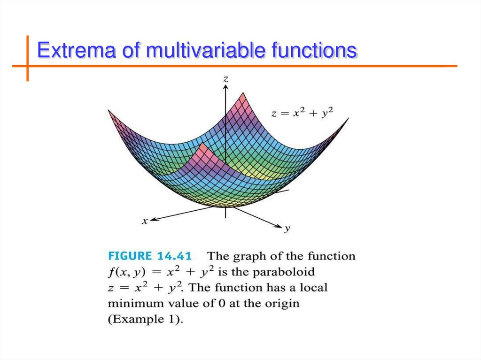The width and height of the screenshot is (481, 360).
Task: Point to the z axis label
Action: tap(226, 79)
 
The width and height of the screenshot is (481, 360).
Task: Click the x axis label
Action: tap(145, 221)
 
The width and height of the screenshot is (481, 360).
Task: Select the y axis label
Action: tap(287, 229)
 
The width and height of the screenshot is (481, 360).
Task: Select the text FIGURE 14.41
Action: tap(150, 256)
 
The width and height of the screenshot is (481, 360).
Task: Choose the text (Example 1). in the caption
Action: tap(142, 319)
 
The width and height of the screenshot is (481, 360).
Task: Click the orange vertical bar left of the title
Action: tap(27, 58)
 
